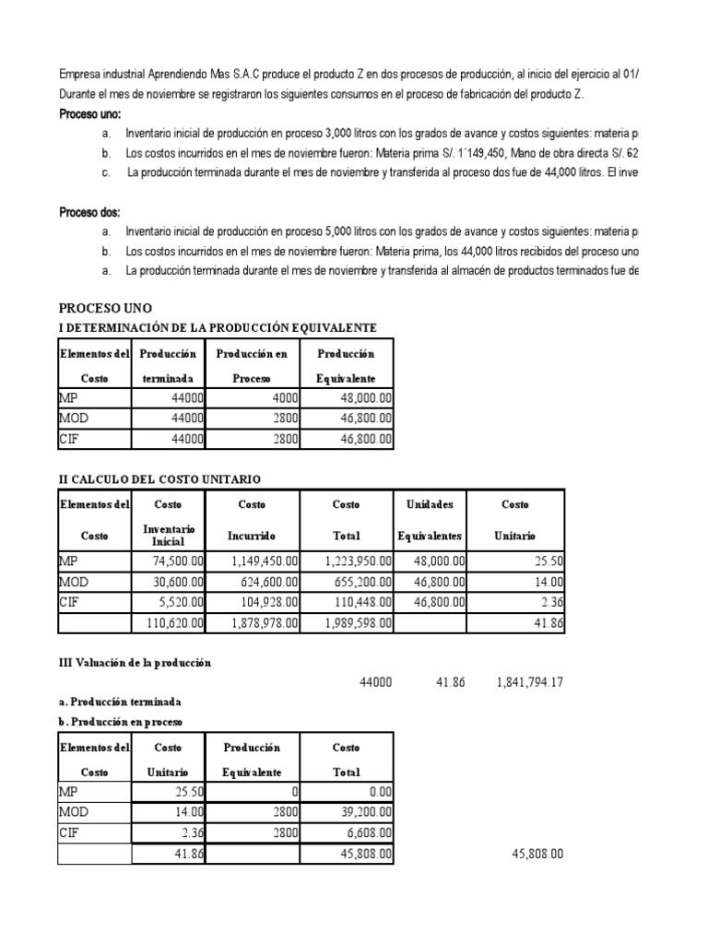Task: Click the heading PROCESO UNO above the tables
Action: coord(106,307)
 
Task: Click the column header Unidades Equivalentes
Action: coord(431,520)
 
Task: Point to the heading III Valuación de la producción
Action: coord(136,663)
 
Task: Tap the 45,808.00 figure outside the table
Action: coord(537,855)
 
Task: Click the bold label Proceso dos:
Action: coord(89,212)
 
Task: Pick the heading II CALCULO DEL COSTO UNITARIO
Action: coord(159,479)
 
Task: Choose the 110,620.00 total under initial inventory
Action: coord(171,624)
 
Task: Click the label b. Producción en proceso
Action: coord(120,720)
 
